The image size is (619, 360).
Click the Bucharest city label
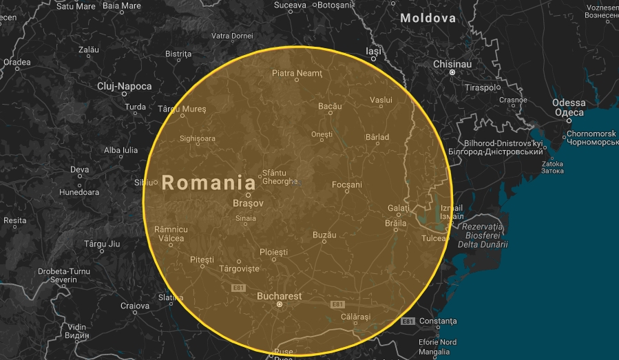(x=279, y=296)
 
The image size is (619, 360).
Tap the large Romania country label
(x=208, y=183)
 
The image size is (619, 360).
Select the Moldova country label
(x=428, y=18)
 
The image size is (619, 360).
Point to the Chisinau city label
(x=452, y=63)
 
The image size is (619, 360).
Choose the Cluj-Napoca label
(x=124, y=86)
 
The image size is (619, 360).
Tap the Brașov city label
(x=248, y=204)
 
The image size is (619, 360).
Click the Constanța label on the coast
(x=437, y=321)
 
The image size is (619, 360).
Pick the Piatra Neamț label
(x=297, y=73)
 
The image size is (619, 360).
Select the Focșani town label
(x=347, y=184)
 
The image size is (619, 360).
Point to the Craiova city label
(x=135, y=306)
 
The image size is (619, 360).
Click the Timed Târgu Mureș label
(x=182, y=109)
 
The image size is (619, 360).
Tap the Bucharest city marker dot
(x=280, y=304)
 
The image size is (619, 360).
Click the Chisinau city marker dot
(x=452, y=72)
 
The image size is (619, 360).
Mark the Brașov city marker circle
(x=249, y=195)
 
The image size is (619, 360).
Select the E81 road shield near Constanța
(x=408, y=321)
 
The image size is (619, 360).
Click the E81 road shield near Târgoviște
(x=238, y=287)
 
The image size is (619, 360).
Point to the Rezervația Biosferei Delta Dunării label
(x=483, y=235)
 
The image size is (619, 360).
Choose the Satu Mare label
(x=76, y=6)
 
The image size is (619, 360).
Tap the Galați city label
(x=399, y=208)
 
